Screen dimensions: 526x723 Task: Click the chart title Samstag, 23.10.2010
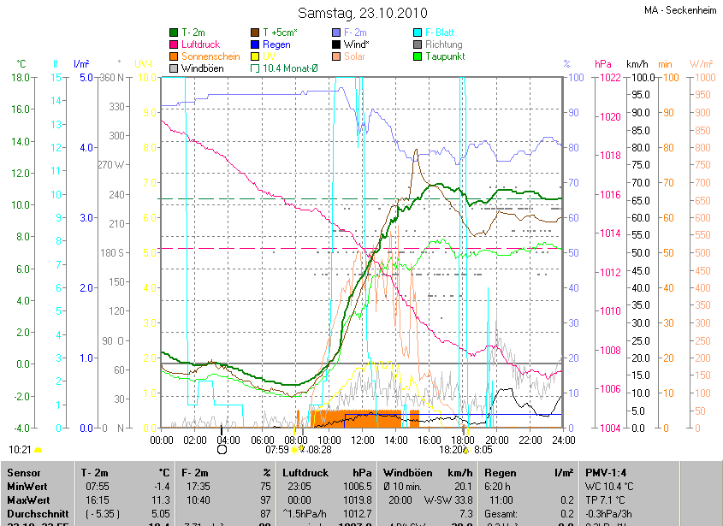[362, 13]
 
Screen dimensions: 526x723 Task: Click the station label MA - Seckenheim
[681, 10]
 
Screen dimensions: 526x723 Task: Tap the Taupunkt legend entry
[444, 56]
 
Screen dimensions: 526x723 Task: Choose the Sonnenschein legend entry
[210, 56]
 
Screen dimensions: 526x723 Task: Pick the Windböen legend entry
[203, 68]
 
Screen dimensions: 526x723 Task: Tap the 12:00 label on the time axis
[363, 440]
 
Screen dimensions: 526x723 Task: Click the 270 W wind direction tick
[113, 164]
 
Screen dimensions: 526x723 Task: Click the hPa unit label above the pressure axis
[603, 64]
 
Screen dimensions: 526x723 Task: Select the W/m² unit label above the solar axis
[701, 64]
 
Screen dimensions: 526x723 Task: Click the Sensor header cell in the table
[23, 472]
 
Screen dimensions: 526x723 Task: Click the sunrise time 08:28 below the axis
[319, 449]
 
